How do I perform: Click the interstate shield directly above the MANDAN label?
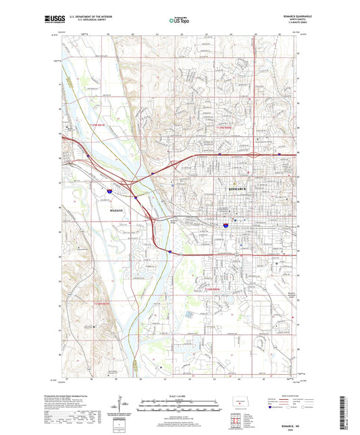[108, 193]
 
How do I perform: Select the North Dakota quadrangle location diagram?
[238, 400]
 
